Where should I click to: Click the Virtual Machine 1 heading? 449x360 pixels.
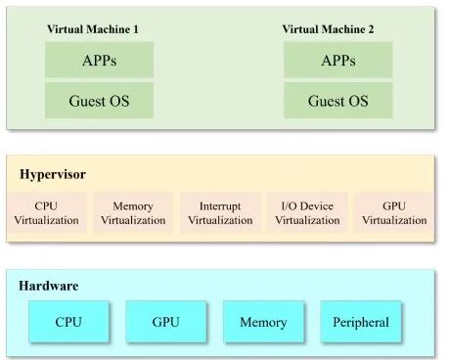(x=93, y=29)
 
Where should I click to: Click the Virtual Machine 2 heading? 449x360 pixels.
(x=328, y=29)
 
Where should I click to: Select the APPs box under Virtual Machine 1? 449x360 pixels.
(x=99, y=60)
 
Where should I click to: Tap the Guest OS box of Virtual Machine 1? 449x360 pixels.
(x=99, y=100)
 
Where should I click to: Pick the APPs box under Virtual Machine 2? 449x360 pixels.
(x=337, y=60)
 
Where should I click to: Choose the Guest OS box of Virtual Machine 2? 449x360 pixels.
(x=337, y=100)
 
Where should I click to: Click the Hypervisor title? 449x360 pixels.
(x=53, y=174)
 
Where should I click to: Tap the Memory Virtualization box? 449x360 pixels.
(x=133, y=213)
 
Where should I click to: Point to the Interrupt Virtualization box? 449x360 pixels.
(x=220, y=213)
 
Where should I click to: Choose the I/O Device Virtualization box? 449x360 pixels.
(x=307, y=213)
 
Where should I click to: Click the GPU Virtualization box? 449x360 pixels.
(x=394, y=213)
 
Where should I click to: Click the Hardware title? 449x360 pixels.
(x=49, y=286)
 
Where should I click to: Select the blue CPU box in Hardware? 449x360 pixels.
(x=68, y=322)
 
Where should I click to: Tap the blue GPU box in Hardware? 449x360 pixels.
(x=166, y=322)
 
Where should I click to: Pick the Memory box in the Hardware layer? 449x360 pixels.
(x=263, y=322)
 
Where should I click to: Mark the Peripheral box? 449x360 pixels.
(x=360, y=322)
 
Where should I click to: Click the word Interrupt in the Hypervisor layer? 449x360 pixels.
(x=220, y=206)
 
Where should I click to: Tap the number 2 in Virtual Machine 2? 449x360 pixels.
(x=371, y=29)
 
